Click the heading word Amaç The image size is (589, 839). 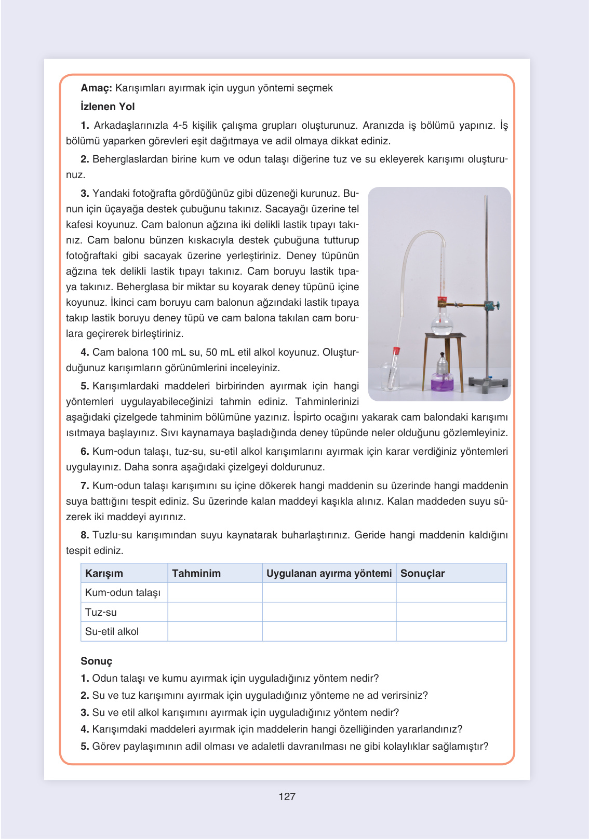tap(96, 88)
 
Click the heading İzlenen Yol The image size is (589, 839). tap(108, 106)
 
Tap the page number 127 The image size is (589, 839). tap(287, 796)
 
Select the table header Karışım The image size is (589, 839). tap(104, 573)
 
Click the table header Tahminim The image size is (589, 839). tap(196, 573)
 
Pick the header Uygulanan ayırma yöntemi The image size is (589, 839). tap(329, 573)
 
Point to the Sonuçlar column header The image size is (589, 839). tap(422, 573)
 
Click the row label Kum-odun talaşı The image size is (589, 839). tap(123, 592)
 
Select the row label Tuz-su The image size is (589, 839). tap(101, 612)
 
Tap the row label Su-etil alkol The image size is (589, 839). tap(112, 631)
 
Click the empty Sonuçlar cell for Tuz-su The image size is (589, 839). tap(451, 612)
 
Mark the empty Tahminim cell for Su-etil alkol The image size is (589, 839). tap(215, 631)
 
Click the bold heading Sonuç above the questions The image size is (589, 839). tap(96, 661)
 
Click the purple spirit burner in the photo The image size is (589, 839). tap(442, 380)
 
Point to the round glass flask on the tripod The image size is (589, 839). tap(442, 324)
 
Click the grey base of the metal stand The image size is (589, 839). tap(487, 383)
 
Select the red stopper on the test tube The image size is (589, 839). tap(396, 350)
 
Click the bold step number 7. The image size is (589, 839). tap(85, 485)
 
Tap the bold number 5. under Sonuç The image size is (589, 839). tap(85, 746)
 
